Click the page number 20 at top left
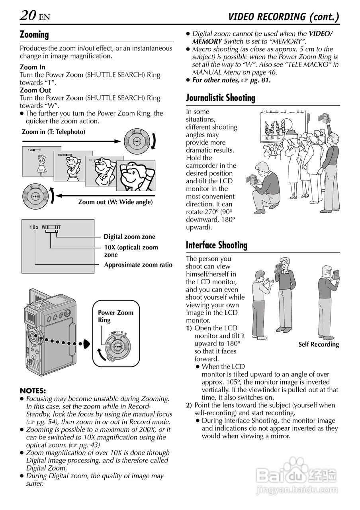[28, 16]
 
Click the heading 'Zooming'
[34, 35]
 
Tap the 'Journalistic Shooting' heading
[220, 98]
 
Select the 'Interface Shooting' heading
[216, 245]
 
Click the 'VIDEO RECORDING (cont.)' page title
[284, 17]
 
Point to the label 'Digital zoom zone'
[129, 237]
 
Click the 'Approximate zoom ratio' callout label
[138, 265]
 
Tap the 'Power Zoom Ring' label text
[115, 316]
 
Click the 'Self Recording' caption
[319, 345]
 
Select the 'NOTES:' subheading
[33, 390]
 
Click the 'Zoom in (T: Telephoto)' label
[53, 131]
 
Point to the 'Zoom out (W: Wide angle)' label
[115, 202]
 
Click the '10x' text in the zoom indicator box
[34, 228]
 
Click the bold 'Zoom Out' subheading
[35, 90]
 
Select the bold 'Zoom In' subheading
[33, 67]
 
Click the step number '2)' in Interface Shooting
[189, 405]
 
